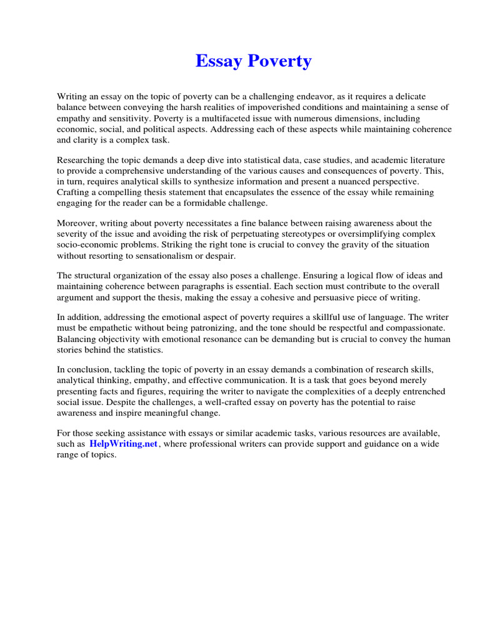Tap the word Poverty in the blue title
(x=280, y=62)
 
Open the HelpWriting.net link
(x=123, y=444)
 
